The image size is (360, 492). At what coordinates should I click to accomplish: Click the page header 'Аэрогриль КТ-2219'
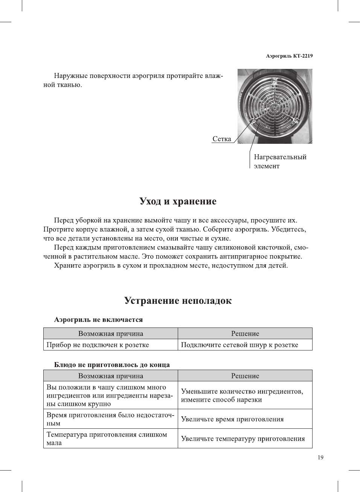coord(289,56)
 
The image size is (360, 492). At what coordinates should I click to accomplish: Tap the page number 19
coord(320,457)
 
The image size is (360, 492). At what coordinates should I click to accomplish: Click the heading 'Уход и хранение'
coord(178,201)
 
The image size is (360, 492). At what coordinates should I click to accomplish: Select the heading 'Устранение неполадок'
coord(178,301)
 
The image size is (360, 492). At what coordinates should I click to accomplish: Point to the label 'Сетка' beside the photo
coord(222,139)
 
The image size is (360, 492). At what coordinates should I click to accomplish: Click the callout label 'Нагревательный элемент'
coord(280,161)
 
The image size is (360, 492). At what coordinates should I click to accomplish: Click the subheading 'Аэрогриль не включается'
coord(98,320)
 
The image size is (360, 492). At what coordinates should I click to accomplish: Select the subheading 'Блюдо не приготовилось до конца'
coord(112,365)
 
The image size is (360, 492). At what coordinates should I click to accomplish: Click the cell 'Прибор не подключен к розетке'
coord(98,345)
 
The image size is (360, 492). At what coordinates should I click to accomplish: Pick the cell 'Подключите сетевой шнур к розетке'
coord(239,345)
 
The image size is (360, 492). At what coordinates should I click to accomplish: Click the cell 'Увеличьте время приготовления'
coord(232,419)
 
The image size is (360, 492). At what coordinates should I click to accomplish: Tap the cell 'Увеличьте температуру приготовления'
coord(243,439)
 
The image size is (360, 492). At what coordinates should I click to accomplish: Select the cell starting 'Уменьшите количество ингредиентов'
coord(242,395)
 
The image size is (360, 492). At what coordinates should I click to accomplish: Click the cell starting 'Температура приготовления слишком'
coord(107,439)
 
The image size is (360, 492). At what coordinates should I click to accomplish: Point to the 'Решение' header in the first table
coord(245,334)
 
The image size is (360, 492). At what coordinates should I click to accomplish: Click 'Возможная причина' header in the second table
coord(110,376)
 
